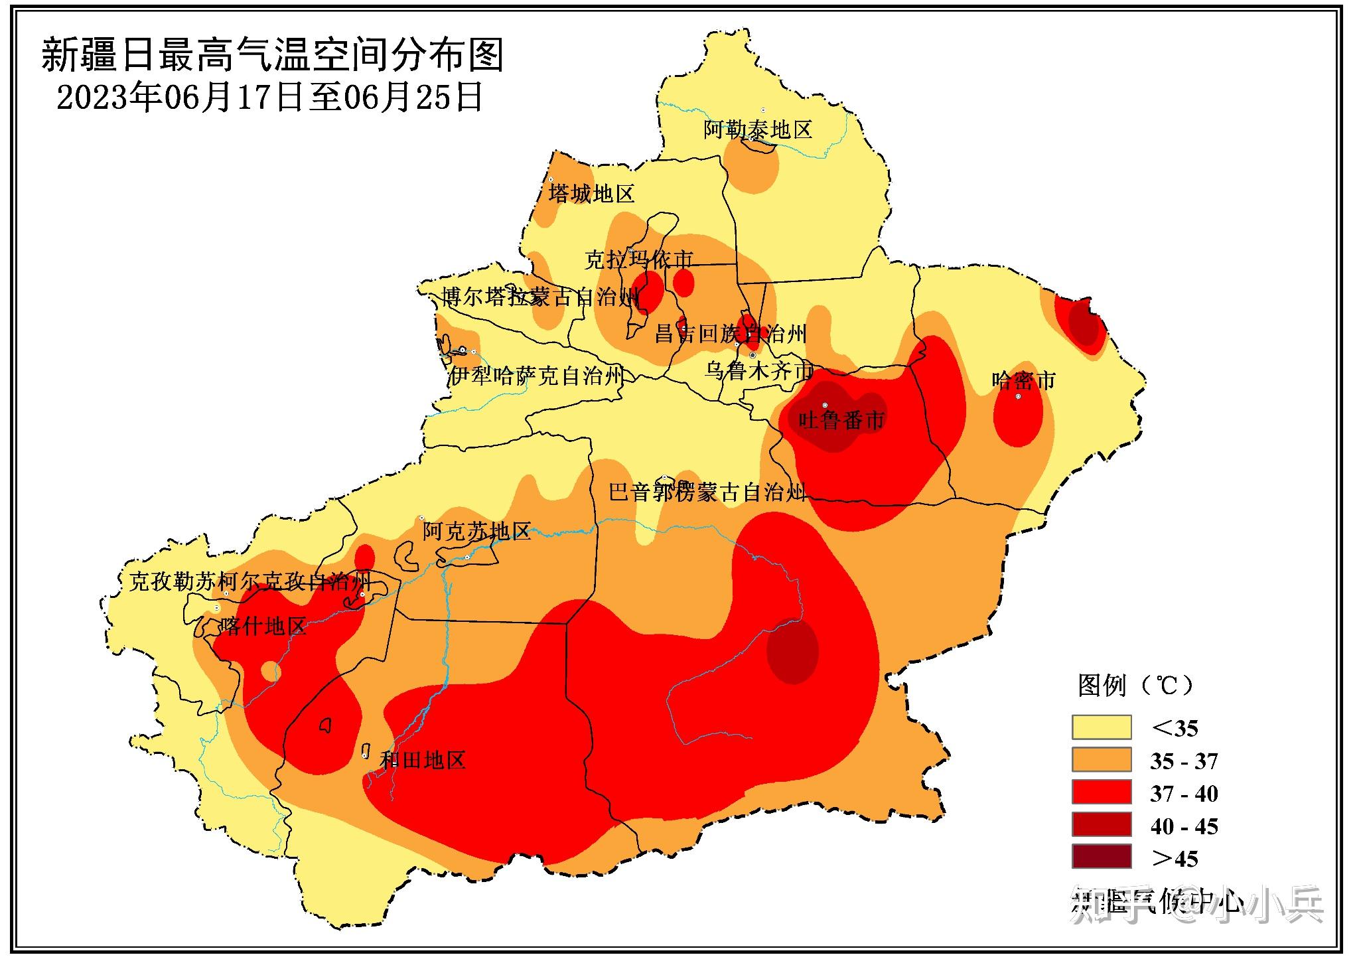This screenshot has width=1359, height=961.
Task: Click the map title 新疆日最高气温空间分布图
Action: [272, 54]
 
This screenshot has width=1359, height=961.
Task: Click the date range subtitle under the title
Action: [269, 98]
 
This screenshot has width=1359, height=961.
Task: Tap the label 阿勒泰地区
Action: [758, 129]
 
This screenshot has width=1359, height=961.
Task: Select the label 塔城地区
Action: [591, 194]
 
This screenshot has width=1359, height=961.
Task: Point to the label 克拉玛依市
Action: [638, 259]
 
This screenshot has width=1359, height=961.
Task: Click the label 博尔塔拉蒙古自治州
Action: [541, 297]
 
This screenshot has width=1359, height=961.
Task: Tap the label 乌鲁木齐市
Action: [758, 370]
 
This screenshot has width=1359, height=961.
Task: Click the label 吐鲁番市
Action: [841, 420]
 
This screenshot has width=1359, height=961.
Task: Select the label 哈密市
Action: [1023, 380]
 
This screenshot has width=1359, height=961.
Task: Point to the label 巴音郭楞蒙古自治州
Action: [707, 492]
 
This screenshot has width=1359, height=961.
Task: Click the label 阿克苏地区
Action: [476, 531]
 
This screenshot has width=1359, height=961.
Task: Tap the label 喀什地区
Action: [264, 626]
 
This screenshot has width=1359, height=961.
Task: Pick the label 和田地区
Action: [422, 759]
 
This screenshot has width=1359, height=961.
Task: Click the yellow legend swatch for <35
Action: [1101, 727]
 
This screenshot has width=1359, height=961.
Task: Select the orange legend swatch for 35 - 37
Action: [1101, 760]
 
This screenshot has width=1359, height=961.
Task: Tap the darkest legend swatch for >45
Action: [1101, 857]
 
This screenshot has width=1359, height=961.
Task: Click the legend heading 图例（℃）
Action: [1135, 685]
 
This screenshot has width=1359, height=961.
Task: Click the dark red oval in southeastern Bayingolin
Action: [792, 651]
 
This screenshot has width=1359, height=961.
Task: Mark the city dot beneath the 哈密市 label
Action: [1019, 396]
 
